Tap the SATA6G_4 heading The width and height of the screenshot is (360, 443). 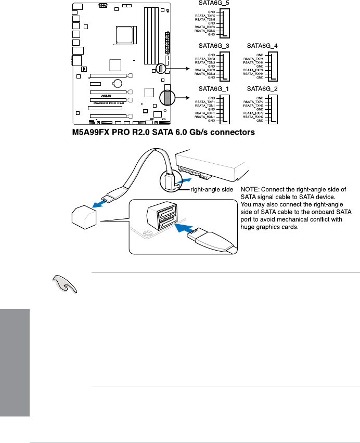(x=262, y=46)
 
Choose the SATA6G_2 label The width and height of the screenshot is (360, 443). (x=262, y=88)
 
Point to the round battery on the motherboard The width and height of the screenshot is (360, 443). (x=118, y=83)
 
